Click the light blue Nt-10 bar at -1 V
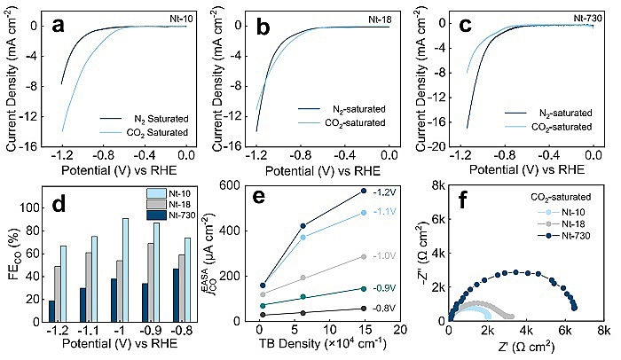(125, 269)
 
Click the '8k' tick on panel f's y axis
(436, 184)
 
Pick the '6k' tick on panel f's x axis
(564, 331)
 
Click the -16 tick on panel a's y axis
(31, 145)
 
